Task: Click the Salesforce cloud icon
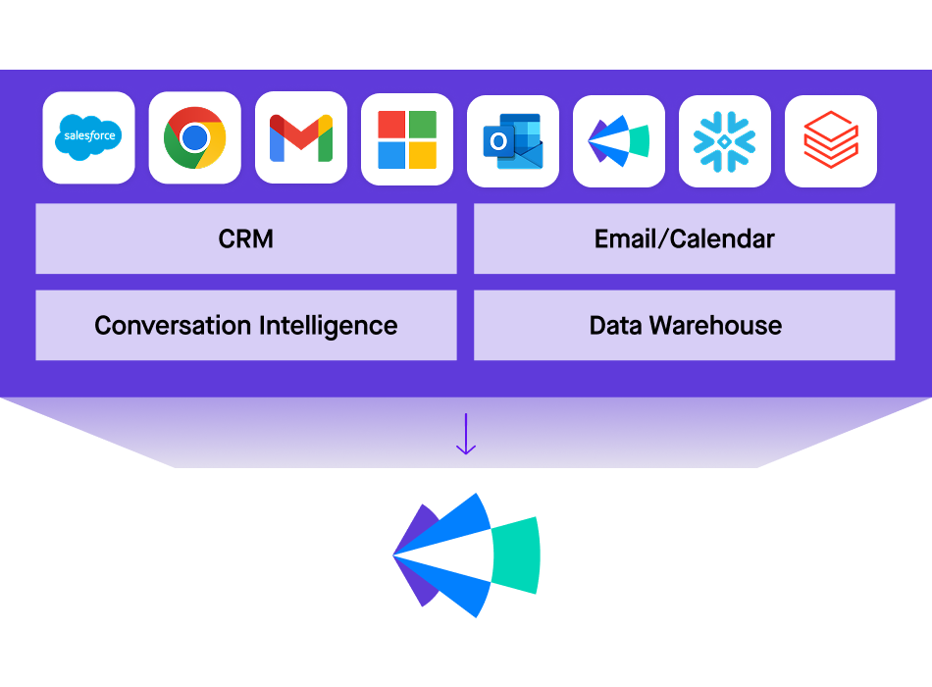point(88,137)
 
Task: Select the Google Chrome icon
point(194,137)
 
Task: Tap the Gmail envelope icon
point(300,137)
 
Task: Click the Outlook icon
point(512,141)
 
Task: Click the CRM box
point(246,238)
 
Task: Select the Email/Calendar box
point(684,238)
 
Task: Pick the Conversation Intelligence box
point(246,325)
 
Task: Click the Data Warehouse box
point(684,325)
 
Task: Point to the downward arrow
point(466,434)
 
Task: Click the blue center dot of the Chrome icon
point(194,138)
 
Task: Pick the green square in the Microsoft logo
point(423,125)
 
